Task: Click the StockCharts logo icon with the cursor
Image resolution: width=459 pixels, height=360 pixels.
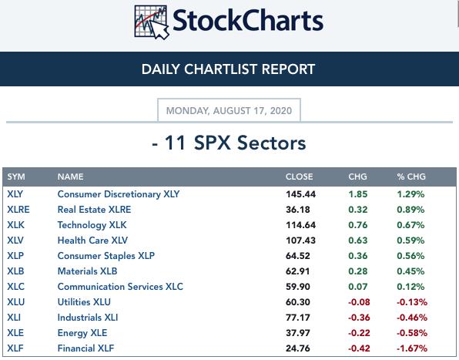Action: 152,22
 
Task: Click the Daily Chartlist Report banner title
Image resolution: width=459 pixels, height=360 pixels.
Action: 228,69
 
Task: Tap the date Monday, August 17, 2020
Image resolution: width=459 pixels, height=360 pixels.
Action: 229,111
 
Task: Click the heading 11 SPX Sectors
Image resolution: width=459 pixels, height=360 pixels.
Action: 229,143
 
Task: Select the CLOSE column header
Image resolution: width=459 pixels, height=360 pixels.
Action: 299,177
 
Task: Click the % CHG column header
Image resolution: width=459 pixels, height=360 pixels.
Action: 411,177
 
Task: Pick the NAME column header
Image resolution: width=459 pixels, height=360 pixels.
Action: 71,177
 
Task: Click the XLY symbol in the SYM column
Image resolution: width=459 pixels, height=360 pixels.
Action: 15,194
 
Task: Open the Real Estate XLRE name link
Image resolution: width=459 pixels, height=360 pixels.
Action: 94,210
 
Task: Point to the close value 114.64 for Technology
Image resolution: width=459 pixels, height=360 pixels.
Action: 300,225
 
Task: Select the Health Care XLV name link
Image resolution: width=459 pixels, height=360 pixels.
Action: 92,241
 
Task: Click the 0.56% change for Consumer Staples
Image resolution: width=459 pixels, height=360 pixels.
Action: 410,256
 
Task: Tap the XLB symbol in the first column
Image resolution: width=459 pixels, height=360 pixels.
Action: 15,271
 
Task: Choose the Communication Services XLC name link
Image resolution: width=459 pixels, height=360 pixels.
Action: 120,287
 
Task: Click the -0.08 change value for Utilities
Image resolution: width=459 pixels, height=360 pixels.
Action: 359,302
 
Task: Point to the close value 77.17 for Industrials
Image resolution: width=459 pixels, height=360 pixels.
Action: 298,318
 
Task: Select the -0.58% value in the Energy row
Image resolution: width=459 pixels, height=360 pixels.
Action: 412,333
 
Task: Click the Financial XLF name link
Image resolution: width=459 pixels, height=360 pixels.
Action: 85,348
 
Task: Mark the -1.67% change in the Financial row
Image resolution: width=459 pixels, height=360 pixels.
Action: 412,348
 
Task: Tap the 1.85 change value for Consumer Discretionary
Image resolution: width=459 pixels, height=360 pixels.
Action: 358,194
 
